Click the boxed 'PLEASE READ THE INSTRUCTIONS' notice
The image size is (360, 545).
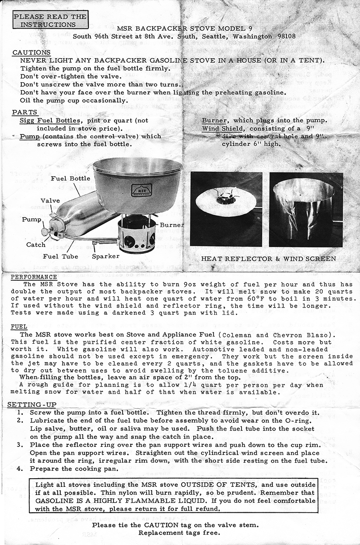[x=50, y=20]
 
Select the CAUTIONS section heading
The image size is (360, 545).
[x=31, y=53]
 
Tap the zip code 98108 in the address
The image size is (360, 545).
[x=286, y=36]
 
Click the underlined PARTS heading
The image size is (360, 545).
[x=25, y=112]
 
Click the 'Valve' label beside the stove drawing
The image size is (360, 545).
[x=50, y=200]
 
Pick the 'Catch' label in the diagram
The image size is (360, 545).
[x=35, y=245]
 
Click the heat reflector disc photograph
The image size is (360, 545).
[x=226, y=208]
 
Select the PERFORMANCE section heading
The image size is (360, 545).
[x=35, y=277]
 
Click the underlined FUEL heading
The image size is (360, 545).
[x=19, y=326]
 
